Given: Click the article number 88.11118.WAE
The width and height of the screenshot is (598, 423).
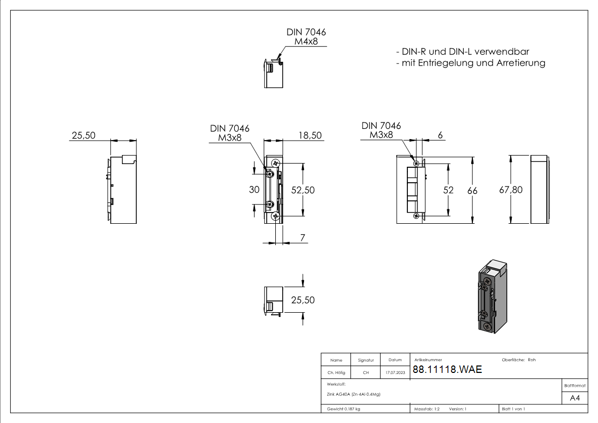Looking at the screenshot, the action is point(447,369).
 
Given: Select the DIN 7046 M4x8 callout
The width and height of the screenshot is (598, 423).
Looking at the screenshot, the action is point(306,37).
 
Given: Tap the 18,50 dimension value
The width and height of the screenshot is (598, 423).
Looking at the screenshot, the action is point(310,135).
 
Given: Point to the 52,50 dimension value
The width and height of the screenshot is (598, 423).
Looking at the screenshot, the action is point(303,190).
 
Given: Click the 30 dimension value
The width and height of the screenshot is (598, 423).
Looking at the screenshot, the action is point(254,190).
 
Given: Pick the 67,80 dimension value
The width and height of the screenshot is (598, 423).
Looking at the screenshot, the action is point(511,190).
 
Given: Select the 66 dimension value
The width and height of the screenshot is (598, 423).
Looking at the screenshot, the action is point(472,190).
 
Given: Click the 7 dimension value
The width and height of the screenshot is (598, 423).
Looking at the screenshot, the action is point(302,238).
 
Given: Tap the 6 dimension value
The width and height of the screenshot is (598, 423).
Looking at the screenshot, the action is point(440,135).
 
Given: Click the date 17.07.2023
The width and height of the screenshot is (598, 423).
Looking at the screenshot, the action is point(395,372).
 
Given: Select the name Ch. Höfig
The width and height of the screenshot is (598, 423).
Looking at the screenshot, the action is point(336,372).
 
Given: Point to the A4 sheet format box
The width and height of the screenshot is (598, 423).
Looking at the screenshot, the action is point(575,398).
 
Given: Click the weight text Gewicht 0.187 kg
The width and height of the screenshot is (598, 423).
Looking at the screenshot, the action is point(343,409).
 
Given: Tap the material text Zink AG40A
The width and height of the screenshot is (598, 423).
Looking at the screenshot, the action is point(354,394).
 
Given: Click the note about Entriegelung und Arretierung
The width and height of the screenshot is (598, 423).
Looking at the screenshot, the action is point(471,63).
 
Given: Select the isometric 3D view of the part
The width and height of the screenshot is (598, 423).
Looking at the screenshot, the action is point(493,296).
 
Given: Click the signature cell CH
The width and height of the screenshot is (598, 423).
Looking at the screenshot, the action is point(366,372).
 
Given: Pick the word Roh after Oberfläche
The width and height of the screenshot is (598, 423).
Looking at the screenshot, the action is point(531,360).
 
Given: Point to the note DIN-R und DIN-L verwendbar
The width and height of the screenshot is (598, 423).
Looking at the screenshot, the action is point(463,52).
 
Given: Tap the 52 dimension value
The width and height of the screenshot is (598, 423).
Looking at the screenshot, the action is point(448,190).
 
